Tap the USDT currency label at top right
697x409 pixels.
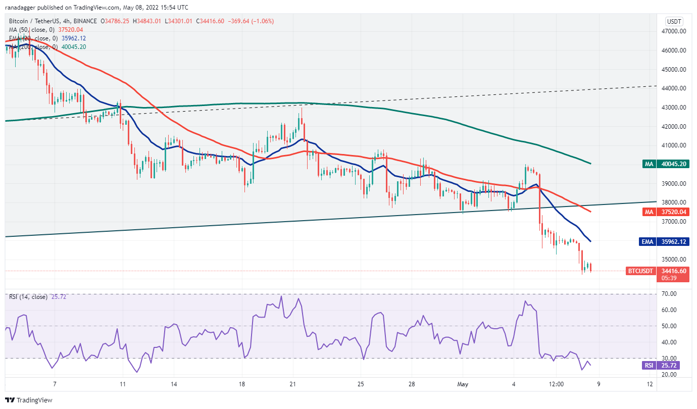pyautogui.click(x=674, y=21)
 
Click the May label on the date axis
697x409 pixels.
pyautogui.click(x=463, y=384)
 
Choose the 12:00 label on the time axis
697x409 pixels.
pyautogui.click(x=556, y=384)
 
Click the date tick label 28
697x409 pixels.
pyautogui.click(x=412, y=384)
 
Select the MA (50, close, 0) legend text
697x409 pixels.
pyautogui.click(x=31, y=29)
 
